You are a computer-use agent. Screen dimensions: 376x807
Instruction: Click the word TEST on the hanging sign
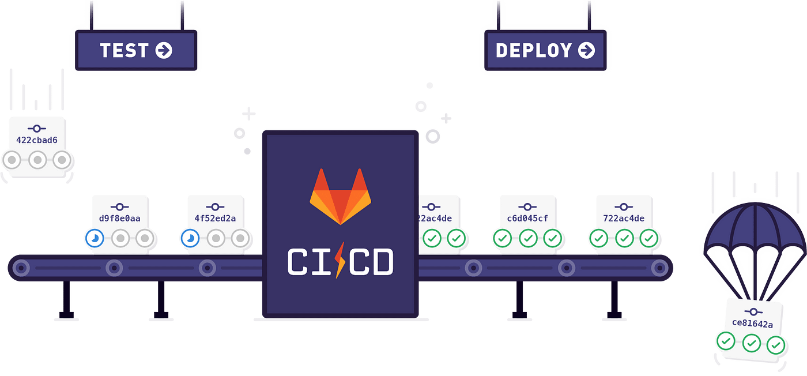tap(125, 51)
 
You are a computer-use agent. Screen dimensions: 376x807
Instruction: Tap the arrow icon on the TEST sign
tap(164, 51)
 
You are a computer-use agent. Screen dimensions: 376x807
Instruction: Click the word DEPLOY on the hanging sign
tap(533, 51)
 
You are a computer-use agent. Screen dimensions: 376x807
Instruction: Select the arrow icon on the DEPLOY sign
tap(586, 51)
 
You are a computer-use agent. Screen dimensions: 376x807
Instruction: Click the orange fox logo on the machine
tap(340, 196)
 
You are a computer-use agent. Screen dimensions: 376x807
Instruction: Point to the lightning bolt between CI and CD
tap(340, 261)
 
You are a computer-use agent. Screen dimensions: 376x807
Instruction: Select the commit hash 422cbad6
tap(37, 140)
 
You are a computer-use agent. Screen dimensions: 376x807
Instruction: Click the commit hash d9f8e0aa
tap(120, 219)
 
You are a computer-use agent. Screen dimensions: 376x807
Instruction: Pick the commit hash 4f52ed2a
tap(215, 219)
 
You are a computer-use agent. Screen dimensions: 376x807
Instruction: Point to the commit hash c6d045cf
tap(527, 219)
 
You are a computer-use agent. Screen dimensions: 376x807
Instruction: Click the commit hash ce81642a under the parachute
tap(752, 324)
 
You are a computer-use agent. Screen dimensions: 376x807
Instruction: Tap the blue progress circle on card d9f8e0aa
tap(93, 238)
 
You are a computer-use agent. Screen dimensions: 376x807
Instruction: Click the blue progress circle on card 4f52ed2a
tap(188, 238)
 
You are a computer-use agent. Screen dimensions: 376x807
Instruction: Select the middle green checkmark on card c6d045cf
tap(527, 238)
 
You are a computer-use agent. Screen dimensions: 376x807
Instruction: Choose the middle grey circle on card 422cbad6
tap(37, 159)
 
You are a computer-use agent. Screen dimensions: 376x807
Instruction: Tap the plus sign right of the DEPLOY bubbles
tap(446, 118)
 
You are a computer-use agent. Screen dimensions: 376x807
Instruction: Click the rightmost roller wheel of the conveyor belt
tap(659, 268)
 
